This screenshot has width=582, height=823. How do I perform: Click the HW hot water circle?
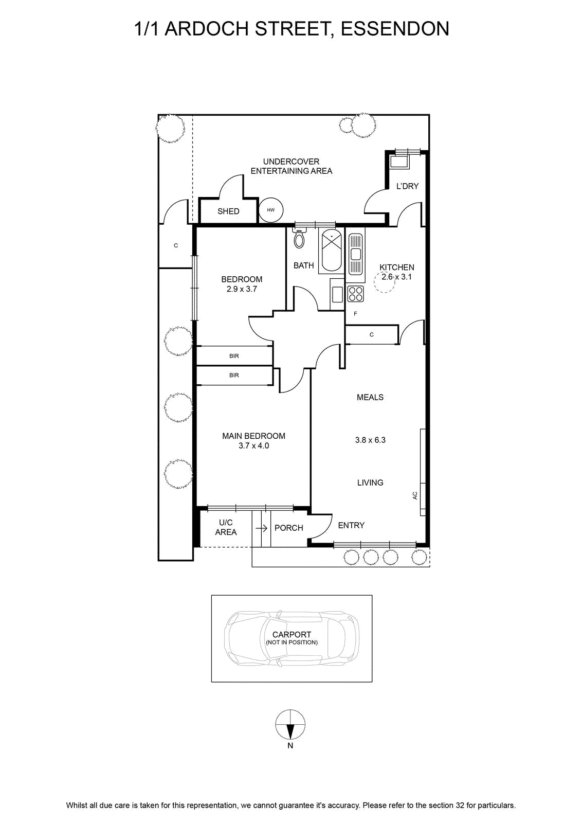270,210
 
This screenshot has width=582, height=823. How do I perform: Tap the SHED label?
228,211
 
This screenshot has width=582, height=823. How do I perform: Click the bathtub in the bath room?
332,251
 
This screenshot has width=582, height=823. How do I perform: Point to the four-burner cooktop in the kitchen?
355,294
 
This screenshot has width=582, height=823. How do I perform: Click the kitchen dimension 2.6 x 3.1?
396,277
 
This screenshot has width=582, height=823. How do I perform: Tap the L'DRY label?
408,186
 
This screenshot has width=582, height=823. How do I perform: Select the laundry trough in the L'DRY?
400,162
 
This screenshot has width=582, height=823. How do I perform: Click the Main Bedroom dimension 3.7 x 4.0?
254,445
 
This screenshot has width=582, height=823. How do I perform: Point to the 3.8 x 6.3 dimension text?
370,440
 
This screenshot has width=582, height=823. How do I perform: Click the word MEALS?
370,397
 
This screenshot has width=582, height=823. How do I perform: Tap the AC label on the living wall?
415,495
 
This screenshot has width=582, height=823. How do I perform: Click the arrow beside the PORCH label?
262,528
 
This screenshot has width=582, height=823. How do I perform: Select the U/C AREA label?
226,527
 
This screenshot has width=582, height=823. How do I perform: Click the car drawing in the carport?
292,638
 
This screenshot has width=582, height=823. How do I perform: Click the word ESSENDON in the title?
395,29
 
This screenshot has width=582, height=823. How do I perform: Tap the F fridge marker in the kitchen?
355,314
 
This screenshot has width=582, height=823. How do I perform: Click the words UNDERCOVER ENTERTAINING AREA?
291,166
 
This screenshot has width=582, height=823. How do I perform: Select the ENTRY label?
351,525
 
